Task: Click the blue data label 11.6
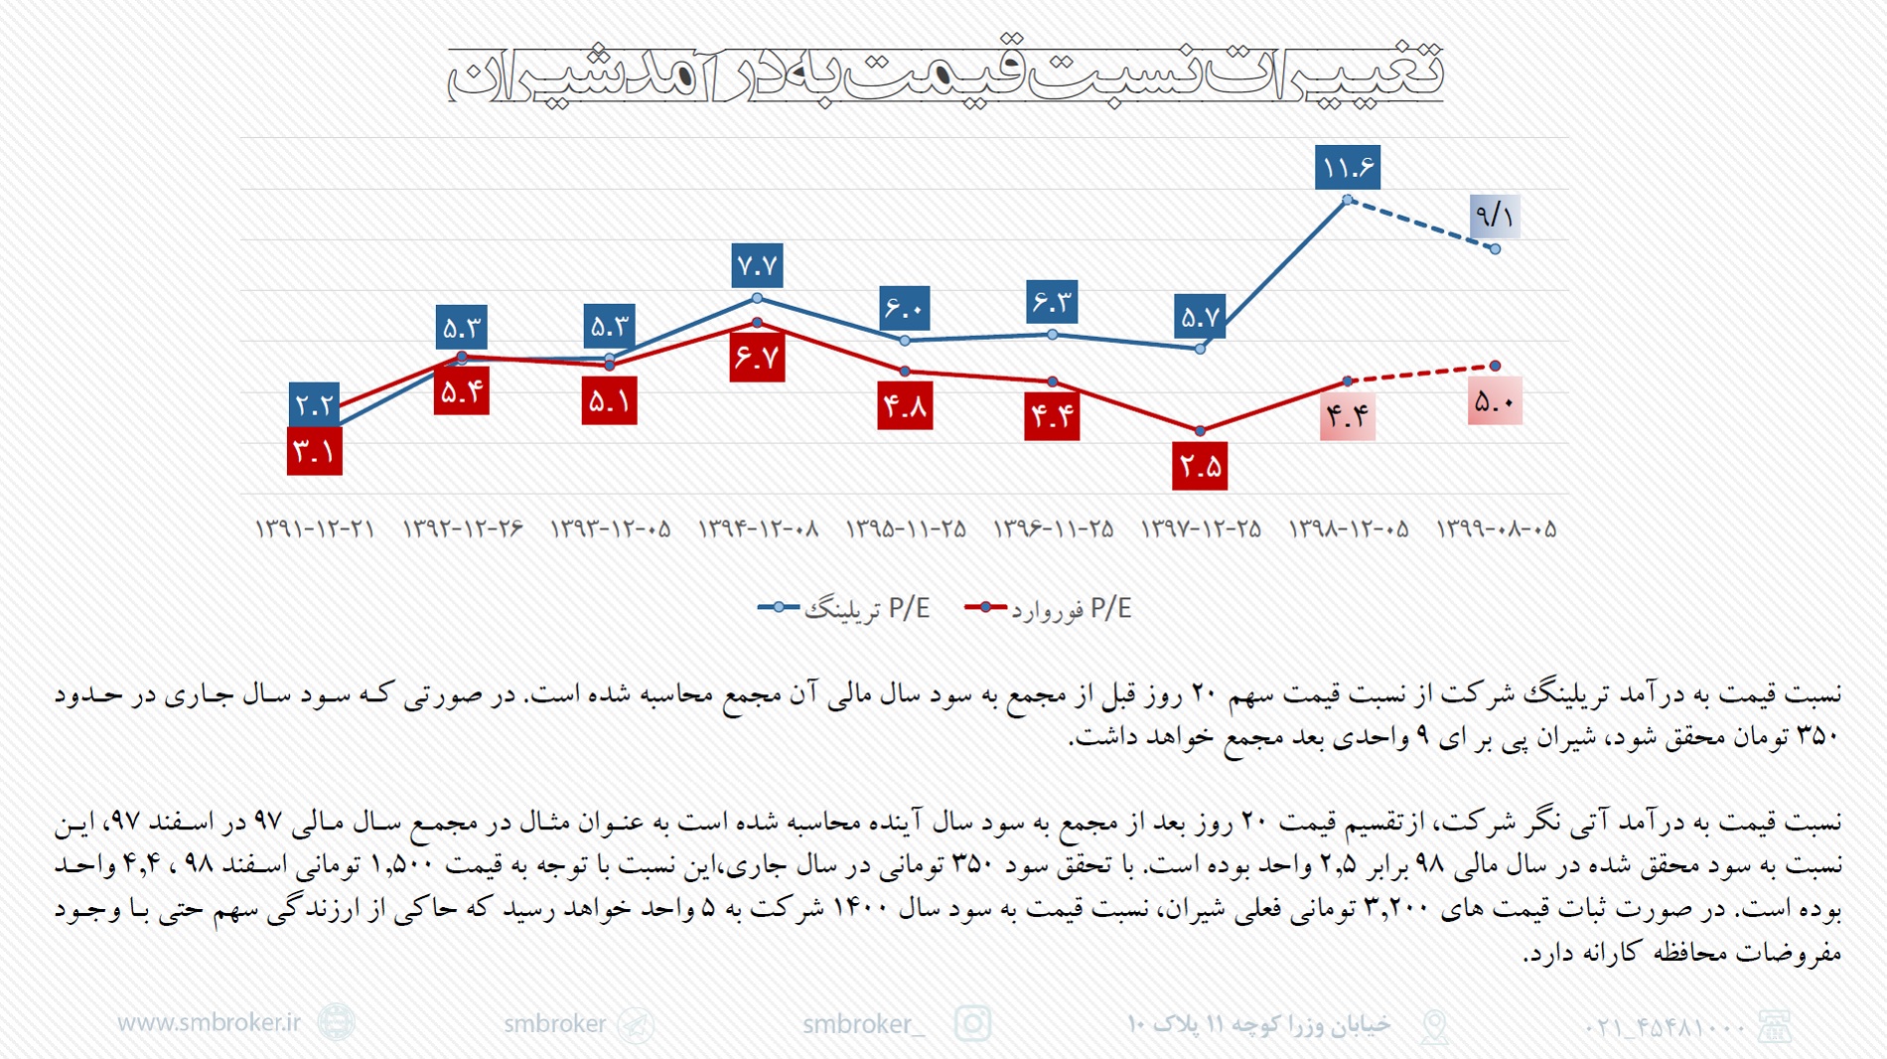1347,167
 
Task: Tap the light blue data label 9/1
1494,216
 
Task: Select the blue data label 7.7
757,265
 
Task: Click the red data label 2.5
1200,466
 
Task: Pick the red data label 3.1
314,452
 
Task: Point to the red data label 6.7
757,358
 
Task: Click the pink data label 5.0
1494,401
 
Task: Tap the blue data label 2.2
314,404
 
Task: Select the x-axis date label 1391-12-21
314,529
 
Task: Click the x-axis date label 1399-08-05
1496,529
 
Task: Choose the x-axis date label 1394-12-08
758,529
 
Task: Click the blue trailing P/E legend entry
844,608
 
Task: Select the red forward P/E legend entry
1048,608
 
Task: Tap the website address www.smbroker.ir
209,1023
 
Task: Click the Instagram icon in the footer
972,1023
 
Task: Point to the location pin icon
1434,1026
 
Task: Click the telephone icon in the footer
1774,1026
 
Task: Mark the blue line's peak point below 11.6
1347,200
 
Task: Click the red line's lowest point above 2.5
1200,431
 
